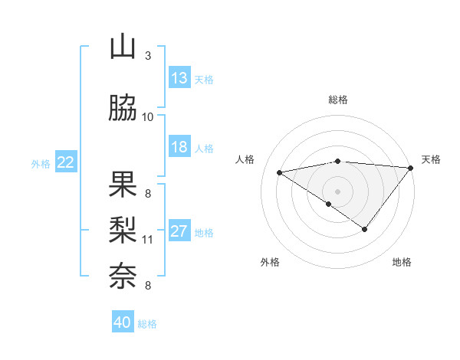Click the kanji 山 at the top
point(123,47)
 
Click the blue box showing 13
point(179,78)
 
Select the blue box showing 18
point(179,147)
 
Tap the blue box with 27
point(179,231)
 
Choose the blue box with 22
point(66,162)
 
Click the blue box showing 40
point(123,322)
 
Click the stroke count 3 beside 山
point(148,56)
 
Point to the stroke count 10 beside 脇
point(148,117)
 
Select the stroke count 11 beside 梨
point(148,239)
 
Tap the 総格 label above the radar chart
point(338,100)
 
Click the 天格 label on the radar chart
point(431,159)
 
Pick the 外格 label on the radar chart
point(270,262)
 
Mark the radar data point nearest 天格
point(412,167)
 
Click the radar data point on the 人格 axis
point(280,172)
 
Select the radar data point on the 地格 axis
point(365,229)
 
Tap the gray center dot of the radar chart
point(337,191)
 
